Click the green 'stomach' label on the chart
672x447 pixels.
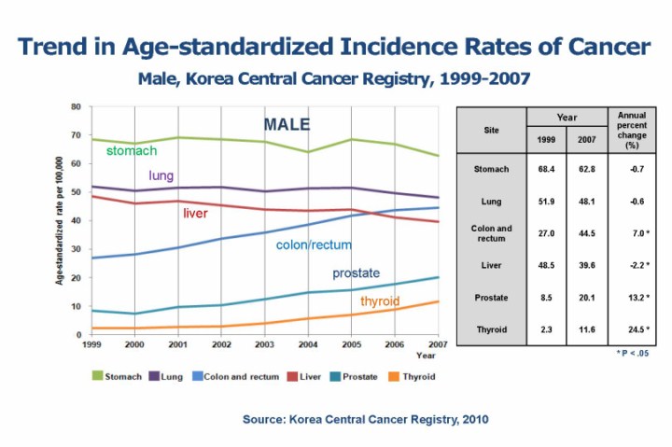131,150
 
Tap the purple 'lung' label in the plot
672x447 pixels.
161,175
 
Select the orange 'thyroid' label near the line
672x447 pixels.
380,301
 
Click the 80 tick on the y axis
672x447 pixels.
76,106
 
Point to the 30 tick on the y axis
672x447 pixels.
76,249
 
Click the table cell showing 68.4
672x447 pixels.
547,169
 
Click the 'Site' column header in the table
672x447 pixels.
491,130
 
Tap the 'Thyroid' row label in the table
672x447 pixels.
491,328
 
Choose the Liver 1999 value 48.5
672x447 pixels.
547,265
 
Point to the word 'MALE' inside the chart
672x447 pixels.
287,125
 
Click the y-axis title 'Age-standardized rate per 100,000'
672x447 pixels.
60,221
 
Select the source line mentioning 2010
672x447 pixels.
365,420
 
